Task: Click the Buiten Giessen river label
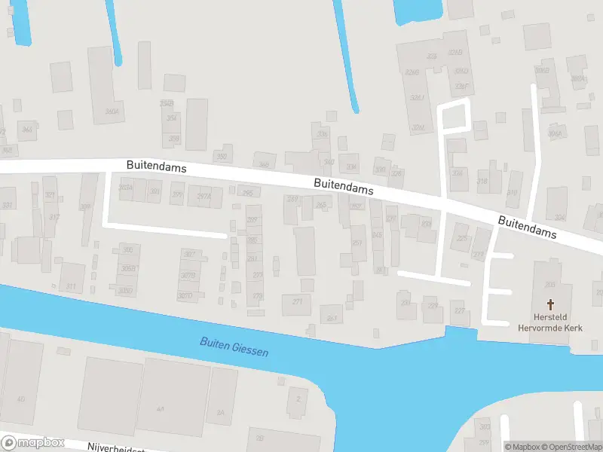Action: (x=234, y=347)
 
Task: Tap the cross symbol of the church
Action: (x=550, y=304)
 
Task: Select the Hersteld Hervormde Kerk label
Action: (x=550, y=322)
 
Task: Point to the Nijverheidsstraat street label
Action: (x=113, y=447)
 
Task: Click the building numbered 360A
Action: (x=112, y=111)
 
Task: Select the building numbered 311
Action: (x=71, y=286)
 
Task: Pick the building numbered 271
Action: (x=297, y=302)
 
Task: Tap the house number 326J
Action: (x=417, y=98)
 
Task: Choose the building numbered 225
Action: (x=462, y=238)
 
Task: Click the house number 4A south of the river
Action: (x=160, y=408)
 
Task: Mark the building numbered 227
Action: (x=458, y=310)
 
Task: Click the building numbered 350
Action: (x=222, y=157)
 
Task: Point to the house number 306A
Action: (x=554, y=133)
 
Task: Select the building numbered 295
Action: (x=247, y=193)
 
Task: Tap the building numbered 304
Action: (x=350, y=167)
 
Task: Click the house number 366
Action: (x=27, y=130)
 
